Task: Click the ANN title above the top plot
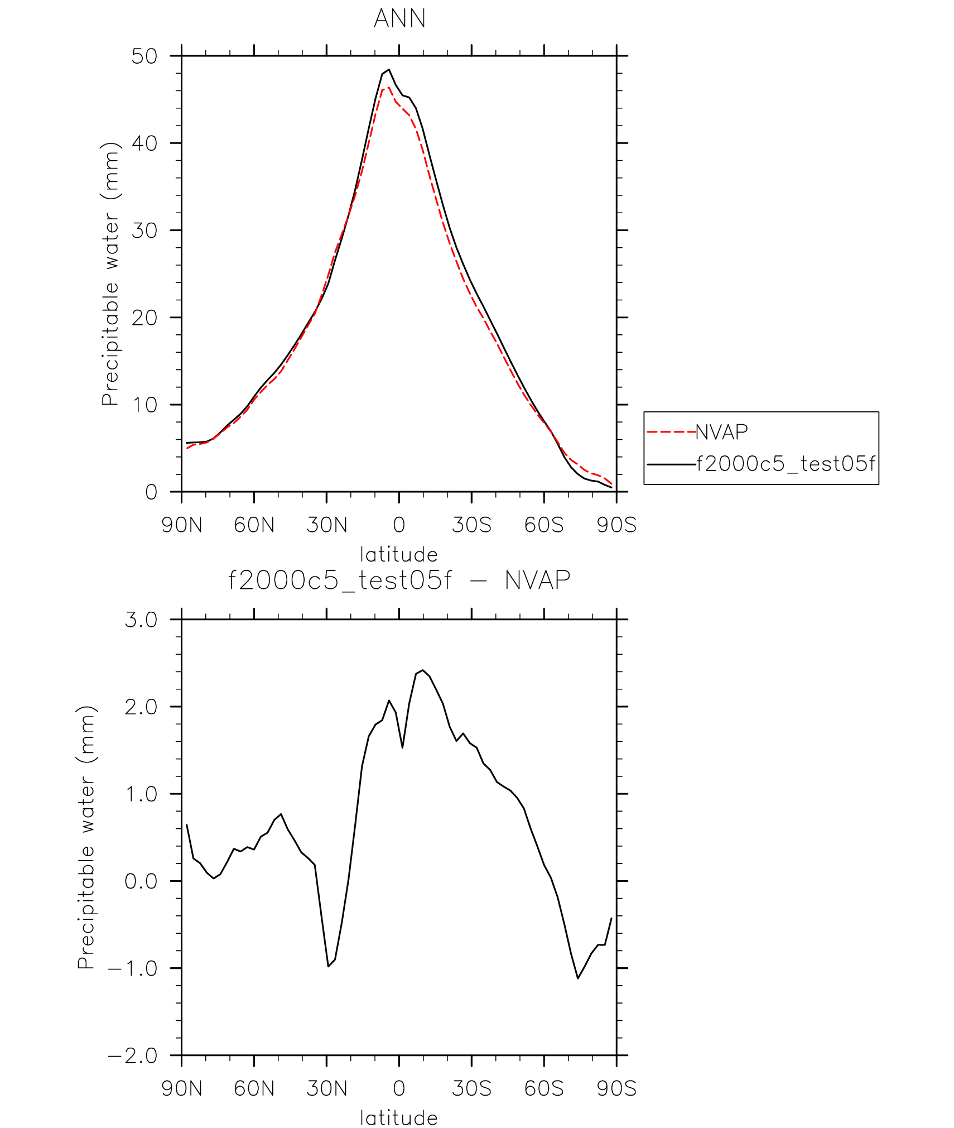(399, 19)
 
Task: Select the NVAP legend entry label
(721, 432)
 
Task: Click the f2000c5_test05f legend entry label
(786, 464)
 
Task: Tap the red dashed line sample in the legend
(671, 432)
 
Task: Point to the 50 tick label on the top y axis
(144, 56)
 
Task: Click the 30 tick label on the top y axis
(144, 231)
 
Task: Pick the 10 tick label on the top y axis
(144, 405)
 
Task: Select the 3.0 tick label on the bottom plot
(141, 620)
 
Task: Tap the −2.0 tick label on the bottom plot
(133, 1056)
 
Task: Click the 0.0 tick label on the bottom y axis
(141, 881)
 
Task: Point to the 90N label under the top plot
(182, 525)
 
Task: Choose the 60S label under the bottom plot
(544, 1089)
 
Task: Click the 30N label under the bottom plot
(327, 1089)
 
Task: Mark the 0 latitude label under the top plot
(399, 525)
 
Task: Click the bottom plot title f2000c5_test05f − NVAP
(399, 580)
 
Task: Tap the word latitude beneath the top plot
(399, 555)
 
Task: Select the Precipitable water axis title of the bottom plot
(86, 837)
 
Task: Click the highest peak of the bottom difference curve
(423, 670)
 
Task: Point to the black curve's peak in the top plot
(389, 70)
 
